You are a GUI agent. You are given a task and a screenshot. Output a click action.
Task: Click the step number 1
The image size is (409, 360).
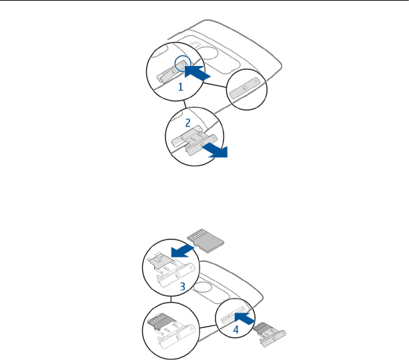(x=181, y=87)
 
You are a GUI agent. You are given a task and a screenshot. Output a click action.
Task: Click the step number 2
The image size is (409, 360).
(x=188, y=122)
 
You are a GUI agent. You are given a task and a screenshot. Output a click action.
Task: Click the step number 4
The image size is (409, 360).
(x=236, y=329)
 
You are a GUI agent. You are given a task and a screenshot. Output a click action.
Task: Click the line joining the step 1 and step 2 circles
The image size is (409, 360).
(x=182, y=104)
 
